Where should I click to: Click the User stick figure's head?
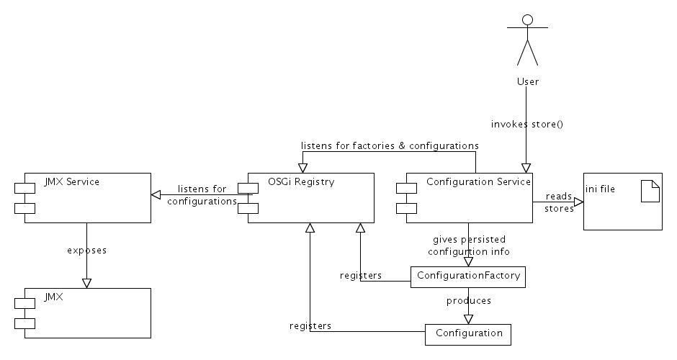pos(527,19)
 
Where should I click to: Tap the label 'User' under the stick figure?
pos(527,81)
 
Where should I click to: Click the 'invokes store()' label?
pos(527,124)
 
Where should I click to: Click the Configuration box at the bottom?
pos(468,334)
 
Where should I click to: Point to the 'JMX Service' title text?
pos(72,182)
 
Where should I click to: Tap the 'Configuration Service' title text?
pos(478,182)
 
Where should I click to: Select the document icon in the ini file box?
pos(650,192)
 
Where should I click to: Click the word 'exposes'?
pos(86,251)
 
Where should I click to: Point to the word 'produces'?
pos(468,300)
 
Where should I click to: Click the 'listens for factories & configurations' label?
pos(390,145)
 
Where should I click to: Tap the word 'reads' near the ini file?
pos(559,196)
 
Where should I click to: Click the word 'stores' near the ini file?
pos(560,209)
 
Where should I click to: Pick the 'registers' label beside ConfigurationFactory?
pos(360,276)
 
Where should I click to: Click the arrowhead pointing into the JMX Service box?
pos(155,194)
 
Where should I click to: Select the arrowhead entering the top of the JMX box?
pos(86,283)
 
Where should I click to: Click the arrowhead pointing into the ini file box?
pos(578,202)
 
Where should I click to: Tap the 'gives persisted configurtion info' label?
pos(469,246)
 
